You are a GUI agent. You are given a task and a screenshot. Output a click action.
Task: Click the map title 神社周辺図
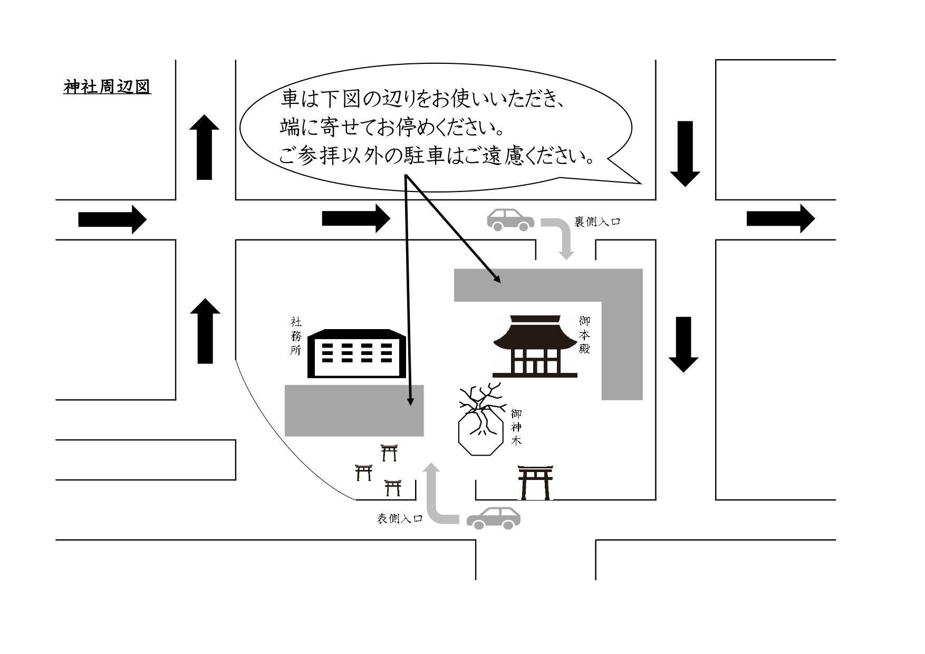coord(107,86)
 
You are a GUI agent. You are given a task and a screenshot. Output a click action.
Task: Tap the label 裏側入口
coord(597,222)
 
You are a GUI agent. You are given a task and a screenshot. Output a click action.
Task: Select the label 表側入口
coord(400,518)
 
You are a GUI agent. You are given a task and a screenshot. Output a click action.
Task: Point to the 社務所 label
coord(296,336)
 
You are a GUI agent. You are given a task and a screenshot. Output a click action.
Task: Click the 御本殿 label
coord(584,335)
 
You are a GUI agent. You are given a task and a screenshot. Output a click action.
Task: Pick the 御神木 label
coord(516,427)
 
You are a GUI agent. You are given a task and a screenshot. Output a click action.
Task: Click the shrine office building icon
coord(357,353)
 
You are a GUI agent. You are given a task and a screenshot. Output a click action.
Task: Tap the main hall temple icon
coord(535,346)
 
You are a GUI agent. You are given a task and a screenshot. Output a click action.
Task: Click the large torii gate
coord(535,482)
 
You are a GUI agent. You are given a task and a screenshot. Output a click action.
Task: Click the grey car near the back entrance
coord(510,219)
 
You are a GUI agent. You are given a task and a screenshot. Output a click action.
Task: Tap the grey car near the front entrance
coord(494,518)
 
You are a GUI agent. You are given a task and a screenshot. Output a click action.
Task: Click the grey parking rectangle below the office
coord(354,410)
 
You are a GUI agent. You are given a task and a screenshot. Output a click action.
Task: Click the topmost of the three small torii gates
coord(389,453)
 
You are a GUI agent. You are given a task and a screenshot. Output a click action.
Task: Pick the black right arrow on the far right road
coord(781,218)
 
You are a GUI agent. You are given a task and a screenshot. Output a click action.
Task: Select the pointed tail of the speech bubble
coord(640,183)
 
